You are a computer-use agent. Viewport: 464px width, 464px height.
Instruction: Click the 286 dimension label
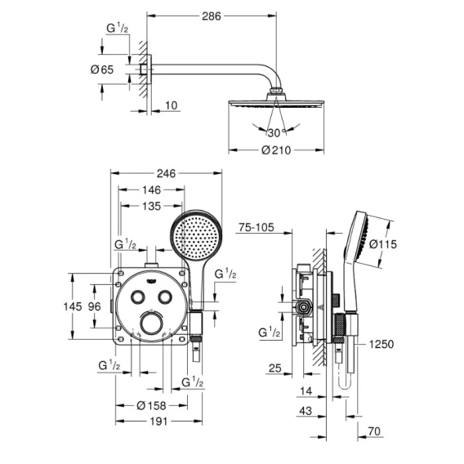[x=212, y=16]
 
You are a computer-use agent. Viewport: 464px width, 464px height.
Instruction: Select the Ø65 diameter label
[x=102, y=69]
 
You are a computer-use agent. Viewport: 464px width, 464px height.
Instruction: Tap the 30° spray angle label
[x=276, y=133]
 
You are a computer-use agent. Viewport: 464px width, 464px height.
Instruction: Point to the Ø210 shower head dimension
[x=276, y=150]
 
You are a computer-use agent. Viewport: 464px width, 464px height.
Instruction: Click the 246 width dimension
[x=166, y=173]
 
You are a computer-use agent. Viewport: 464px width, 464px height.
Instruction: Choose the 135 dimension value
[x=151, y=206]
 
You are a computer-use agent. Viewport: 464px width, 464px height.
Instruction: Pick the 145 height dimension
[x=73, y=306]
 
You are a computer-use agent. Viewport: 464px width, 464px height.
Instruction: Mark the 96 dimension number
[x=95, y=306]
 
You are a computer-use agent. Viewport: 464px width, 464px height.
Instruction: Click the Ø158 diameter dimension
[x=151, y=405]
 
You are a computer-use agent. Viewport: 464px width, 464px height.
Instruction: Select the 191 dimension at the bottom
[x=158, y=421]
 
